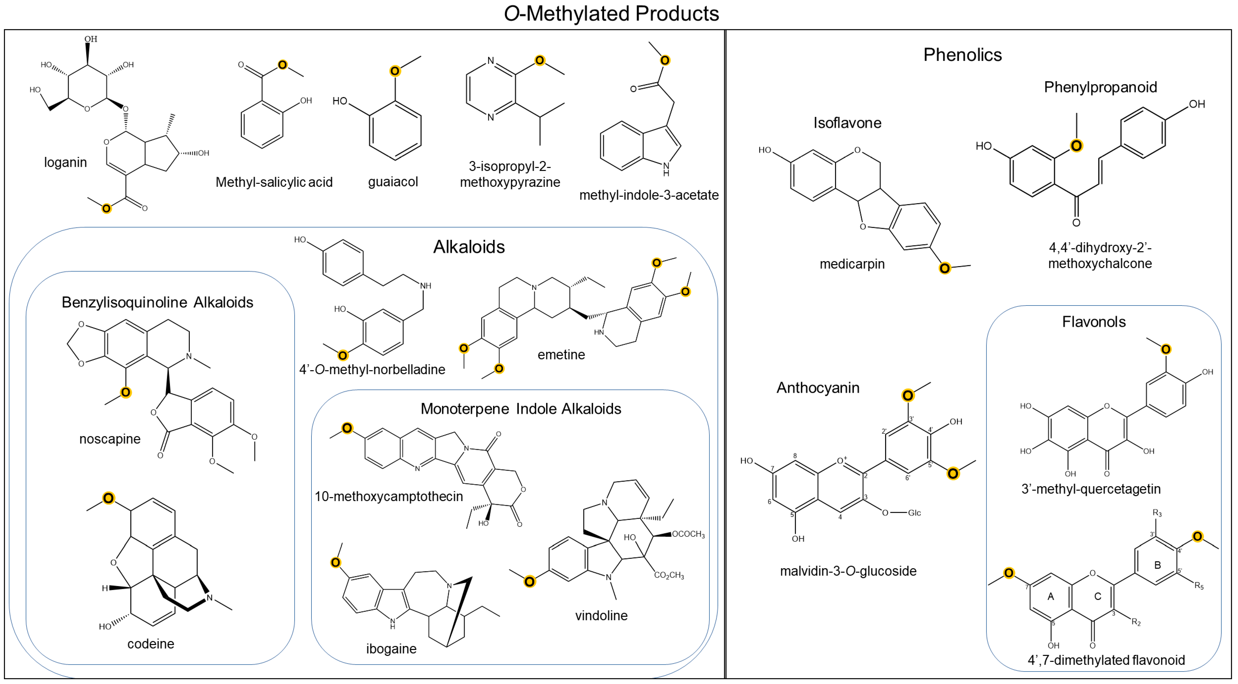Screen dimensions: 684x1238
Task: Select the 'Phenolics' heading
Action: click(x=962, y=55)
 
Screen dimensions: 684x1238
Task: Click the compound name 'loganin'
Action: click(x=65, y=163)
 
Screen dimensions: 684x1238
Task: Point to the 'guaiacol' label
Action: click(x=393, y=182)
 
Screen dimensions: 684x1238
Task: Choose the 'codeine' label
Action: click(x=150, y=644)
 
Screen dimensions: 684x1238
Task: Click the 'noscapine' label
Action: click(x=110, y=439)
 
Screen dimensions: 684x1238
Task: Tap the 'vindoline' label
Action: click(x=601, y=615)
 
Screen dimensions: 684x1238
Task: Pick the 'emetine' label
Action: click(x=561, y=355)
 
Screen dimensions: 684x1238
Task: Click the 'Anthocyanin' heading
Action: click(x=818, y=388)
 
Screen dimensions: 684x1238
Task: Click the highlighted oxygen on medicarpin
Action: click(x=944, y=268)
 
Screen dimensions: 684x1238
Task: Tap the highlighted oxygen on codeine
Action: click(x=109, y=498)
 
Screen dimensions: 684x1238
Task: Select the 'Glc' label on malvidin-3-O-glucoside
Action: click(x=914, y=513)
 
